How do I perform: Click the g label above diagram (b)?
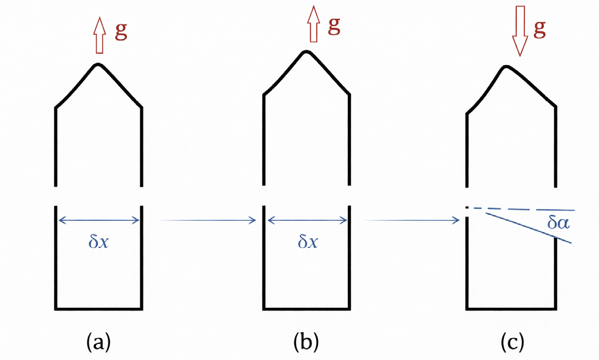pyautogui.click(x=334, y=26)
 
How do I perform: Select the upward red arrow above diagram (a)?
pyautogui.click(x=99, y=35)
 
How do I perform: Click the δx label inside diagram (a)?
pyautogui.click(x=99, y=243)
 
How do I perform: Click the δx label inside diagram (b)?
pyautogui.click(x=308, y=243)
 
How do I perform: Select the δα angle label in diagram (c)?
pyautogui.click(x=558, y=222)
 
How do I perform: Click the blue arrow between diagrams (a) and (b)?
pyautogui.click(x=208, y=220)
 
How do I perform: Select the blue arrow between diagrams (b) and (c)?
pyautogui.click(x=411, y=220)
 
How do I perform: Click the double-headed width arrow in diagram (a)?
pyautogui.click(x=99, y=220)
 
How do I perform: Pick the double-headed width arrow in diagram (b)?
pyautogui.click(x=307, y=220)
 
